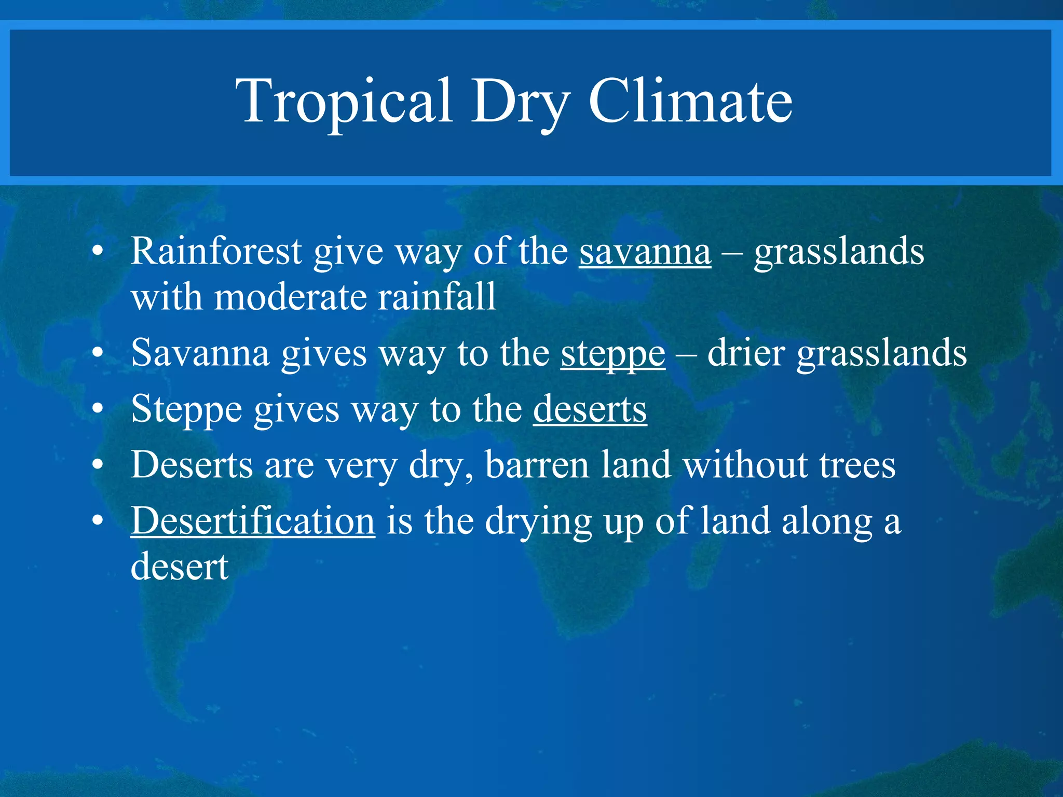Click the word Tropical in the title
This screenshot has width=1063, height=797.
(x=343, y=101)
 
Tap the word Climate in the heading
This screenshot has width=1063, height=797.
(x=690, y=101)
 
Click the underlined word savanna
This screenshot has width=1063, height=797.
(x=645, y=252)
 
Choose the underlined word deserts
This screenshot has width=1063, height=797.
(x=590, y=409)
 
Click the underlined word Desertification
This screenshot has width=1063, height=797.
(x=253, y=520)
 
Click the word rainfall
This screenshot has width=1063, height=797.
(x=437, y=297)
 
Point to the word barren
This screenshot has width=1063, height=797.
(x=537, y=464)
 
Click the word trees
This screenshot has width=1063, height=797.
(x=857, y=464)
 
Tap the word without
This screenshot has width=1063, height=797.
(x=745, y=464)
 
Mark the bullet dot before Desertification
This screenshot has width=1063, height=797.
(x=98, y=520)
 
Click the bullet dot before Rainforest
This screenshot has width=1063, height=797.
(x=98, y=252)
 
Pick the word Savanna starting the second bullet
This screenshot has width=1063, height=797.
(x=200, y=353)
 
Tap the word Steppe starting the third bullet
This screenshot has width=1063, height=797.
(x=186, y=410)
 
